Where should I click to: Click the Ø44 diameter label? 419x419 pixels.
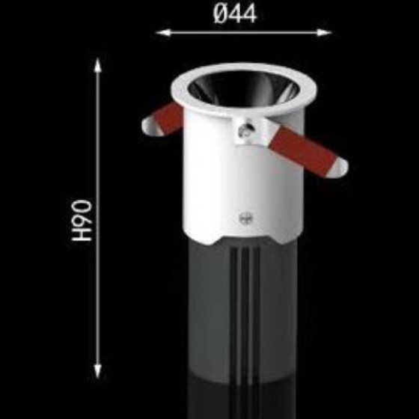(x=235, y=14)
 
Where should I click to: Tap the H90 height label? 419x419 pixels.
(x=82, y=221)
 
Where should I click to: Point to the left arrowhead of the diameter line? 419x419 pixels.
(x=163, y=33)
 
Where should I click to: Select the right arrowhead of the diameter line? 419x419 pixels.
(x=324, y=33)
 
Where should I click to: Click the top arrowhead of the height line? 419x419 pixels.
(x=98, y=66)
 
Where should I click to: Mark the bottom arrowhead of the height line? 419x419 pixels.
(x=98, y=370)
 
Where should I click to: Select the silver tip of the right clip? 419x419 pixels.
(x=340, y=168)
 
